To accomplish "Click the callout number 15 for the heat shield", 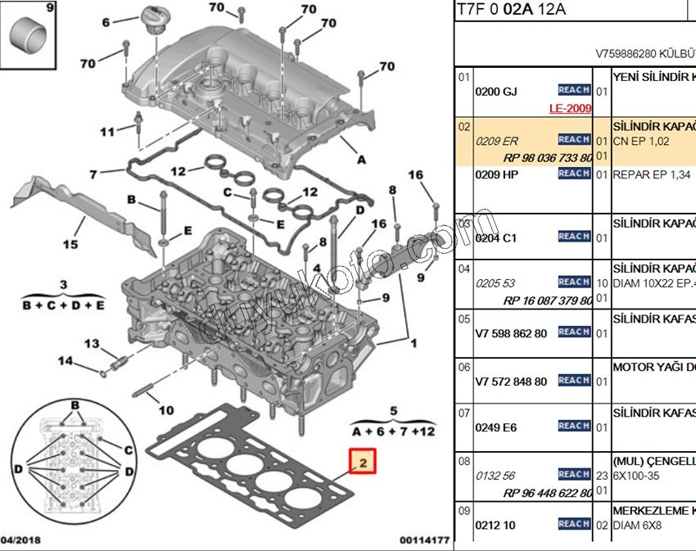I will click(70, 244).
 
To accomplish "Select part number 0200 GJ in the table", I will click(496, 92).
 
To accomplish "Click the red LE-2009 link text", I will click(570, 108).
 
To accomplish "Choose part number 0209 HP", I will click(496, 175).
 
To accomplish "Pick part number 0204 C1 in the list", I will click(496, 238).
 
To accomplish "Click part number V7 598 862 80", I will click(511, 333).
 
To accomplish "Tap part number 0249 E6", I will click(495, 427).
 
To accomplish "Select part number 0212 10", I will click(495, 525).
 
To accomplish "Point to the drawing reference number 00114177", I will click(424, 540).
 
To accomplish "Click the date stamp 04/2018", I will click(20, 540).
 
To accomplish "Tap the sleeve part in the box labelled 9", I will click(25, 37).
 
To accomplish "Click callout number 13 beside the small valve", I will click(93, 343).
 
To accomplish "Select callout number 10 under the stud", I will click(165, 409).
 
